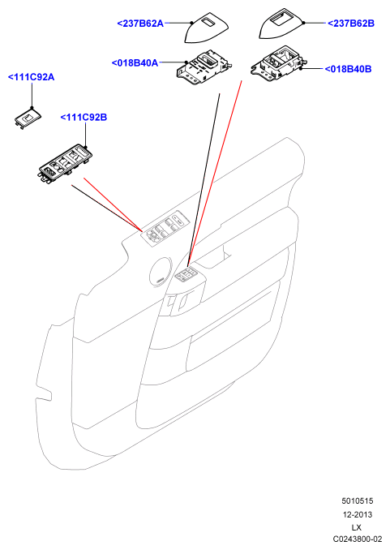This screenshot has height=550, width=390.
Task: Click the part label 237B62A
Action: pyautogui.click(x=140, y=24)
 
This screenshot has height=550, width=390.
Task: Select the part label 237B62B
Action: pyautogui.click(x=351, y=24)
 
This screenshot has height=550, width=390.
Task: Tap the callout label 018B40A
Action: pyautogui.click(x=135, y=63)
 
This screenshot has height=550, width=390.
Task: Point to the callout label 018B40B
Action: pyautogui.click(x=349, y=69)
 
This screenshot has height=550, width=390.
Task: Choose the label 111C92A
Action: pyautogui.click(x=31, y=77)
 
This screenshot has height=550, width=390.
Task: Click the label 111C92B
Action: pyautogui.click(x=84, y=118)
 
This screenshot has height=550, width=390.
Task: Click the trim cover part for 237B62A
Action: pyautogui.click(x=206, y=28)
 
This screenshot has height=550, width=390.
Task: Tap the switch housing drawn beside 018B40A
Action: pyautogui.click(x=204, y=67)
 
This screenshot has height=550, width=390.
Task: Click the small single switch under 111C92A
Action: pyautogui.click(x=28, y=118)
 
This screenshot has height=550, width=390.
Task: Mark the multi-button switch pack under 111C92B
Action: pyautogui.click(x=66, y=164)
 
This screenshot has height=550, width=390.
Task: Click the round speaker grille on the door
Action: pyautogui.click(x=161, y=272)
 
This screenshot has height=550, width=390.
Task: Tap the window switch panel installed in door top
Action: pyautogui.click(x=165, y=228)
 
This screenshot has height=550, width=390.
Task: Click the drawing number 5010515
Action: pyautogui.click(x=358, y=501)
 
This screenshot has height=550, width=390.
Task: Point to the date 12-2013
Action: pyautogui.click(x=358, y=514)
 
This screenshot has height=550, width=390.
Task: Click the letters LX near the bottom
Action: pyautogui.click(x=356, y=527)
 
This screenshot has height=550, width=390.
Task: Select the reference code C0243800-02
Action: pyautogui.click(x=358, y=539)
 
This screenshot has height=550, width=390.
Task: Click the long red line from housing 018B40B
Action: pyautogui.click(x=215, y=174)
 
